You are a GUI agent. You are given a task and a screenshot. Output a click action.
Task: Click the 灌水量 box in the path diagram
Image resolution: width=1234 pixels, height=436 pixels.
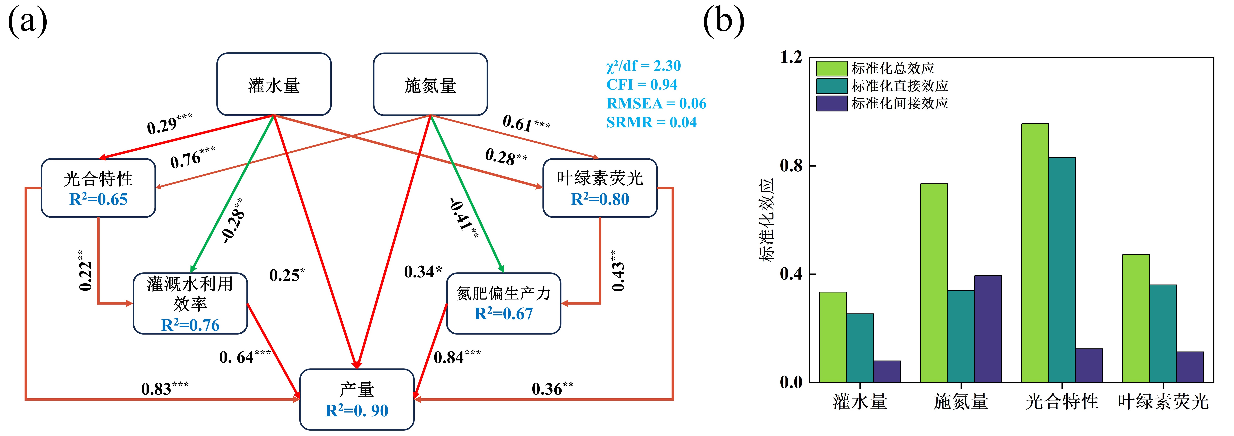[274, 84]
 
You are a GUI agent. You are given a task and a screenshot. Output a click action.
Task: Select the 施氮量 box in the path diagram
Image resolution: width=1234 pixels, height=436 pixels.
[430, 84]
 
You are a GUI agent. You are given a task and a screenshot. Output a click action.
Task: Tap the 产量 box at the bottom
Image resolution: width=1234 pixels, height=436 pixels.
[357, 399]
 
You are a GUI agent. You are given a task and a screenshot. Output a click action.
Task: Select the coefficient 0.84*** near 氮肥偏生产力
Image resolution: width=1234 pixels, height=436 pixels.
[457, 357]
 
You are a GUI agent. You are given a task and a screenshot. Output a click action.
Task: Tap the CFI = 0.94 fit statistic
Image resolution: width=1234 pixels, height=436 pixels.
[642, 85]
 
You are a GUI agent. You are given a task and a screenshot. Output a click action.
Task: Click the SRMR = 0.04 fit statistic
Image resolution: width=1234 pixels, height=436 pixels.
[651, 122]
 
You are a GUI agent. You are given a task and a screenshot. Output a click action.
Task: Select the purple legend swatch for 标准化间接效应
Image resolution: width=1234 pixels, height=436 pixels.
[832, 103]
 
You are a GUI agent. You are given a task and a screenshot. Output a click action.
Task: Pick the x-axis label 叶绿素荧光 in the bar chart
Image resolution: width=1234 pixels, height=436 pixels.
[1163, 401]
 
